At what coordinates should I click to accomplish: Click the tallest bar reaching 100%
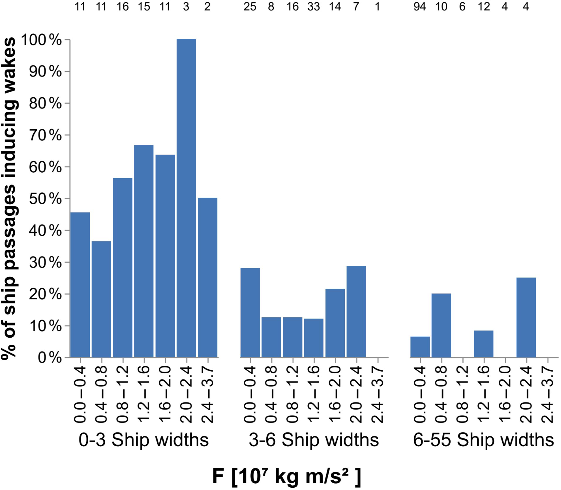(186, 198)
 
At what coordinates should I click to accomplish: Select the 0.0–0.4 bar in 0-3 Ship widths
(80, 285)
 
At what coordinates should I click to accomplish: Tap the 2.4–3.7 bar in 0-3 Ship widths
(207, 277)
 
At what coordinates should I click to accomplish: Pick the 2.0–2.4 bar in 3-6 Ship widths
(356, 312)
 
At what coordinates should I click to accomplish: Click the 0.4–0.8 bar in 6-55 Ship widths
(441, 325)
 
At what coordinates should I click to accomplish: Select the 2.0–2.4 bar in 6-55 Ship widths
(526, 317)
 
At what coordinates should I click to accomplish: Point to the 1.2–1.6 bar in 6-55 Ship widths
(484, 344)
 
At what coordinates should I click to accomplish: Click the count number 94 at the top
(420, 6)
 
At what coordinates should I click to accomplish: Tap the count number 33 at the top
(313, 6)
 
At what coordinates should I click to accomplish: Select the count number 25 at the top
(250, 6)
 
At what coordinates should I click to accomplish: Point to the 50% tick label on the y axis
(45, 199)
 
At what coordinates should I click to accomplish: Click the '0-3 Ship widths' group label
(143, 440)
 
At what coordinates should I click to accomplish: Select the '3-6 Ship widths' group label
(314, 440)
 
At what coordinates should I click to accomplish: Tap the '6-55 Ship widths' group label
(483, 440)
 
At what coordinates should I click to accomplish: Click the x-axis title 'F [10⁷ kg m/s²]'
(286, 477)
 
